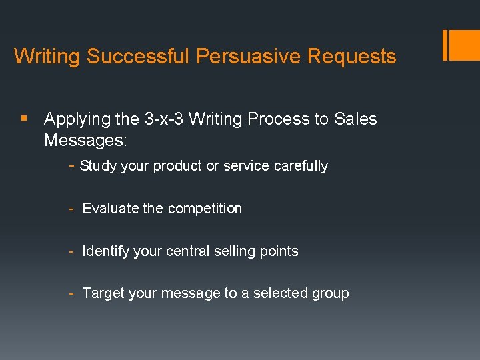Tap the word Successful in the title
(138, 56)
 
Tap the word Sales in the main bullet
(355, 119)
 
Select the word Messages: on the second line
(85, 141)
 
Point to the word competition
(205, 209)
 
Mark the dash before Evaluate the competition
(71, 209)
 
